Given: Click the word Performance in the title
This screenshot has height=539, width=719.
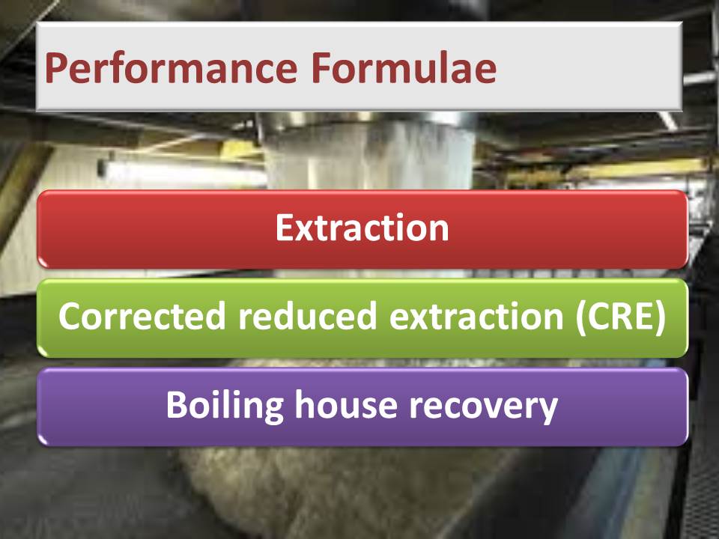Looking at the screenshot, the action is (x=171, y=69).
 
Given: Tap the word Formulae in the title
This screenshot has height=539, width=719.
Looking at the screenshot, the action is (x=404, y=67).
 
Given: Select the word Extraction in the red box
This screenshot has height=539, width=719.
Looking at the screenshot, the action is (x=362, y=228).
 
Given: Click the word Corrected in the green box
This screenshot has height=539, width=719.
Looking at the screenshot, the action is (x=142, y=315).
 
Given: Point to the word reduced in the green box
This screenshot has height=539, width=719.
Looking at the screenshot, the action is (x=307, y=315).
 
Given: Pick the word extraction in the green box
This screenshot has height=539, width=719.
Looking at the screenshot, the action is (x=476, y=316).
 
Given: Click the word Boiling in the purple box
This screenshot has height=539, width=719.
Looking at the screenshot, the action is (x=225, y=406).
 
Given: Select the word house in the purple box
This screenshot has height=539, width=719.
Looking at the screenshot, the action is (x=346, y=404).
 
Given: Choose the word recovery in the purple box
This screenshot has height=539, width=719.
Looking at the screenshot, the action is (x=483, y=408).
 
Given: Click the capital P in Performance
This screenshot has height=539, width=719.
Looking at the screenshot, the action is (x=58, y=68).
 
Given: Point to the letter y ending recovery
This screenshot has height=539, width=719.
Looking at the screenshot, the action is (x=548, y=411).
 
